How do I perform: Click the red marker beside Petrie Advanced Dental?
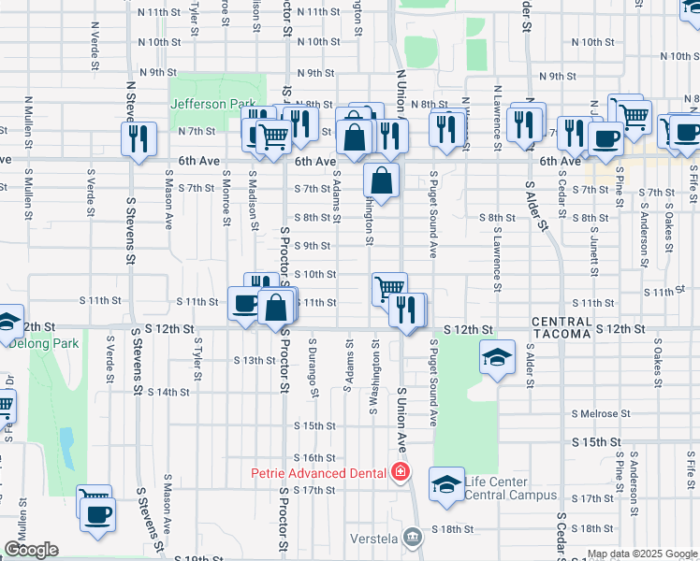click(x=401, y=471)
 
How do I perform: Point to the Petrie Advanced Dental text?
click(x=318, y=472)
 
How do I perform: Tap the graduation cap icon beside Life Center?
click(x=446, y=484)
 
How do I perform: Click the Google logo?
click(x=31, y=550)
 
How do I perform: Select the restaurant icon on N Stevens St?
click(x=139, y=139)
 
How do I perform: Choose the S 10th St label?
click(x=314, y=274)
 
